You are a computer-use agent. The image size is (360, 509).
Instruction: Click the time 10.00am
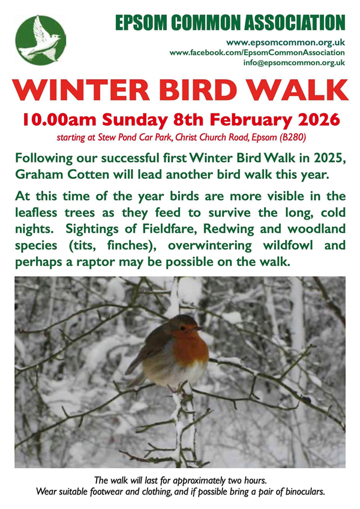pos(55,118)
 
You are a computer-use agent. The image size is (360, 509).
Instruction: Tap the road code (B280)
pos(293,137)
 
